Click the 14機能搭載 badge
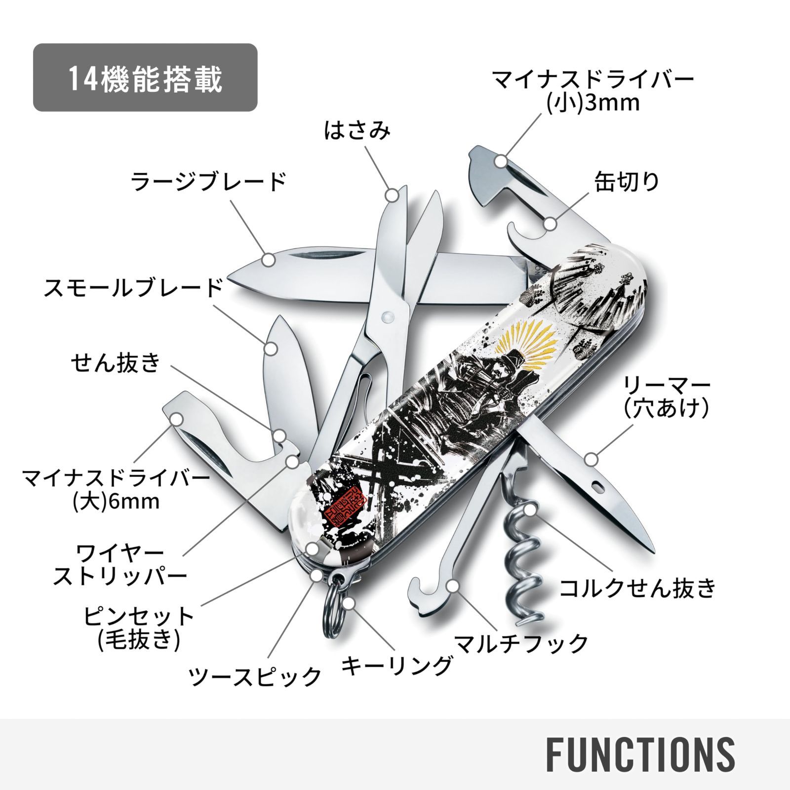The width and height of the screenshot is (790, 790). coord(145,78)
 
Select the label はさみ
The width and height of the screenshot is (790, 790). coord(357,131)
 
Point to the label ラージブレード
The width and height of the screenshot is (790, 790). coord(208,182)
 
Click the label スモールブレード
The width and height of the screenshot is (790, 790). coord(133,288)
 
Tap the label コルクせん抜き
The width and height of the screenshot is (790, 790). coord(637,588)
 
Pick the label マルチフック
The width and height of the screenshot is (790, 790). coord(521,643)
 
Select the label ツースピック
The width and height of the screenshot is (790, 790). coord(255,676)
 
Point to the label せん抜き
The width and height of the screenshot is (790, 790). coord(116,362)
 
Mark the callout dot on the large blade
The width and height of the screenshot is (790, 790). coord(269,259)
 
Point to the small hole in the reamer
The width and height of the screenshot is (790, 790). coord(598,486)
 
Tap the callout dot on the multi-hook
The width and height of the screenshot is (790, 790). coord(452,587)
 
